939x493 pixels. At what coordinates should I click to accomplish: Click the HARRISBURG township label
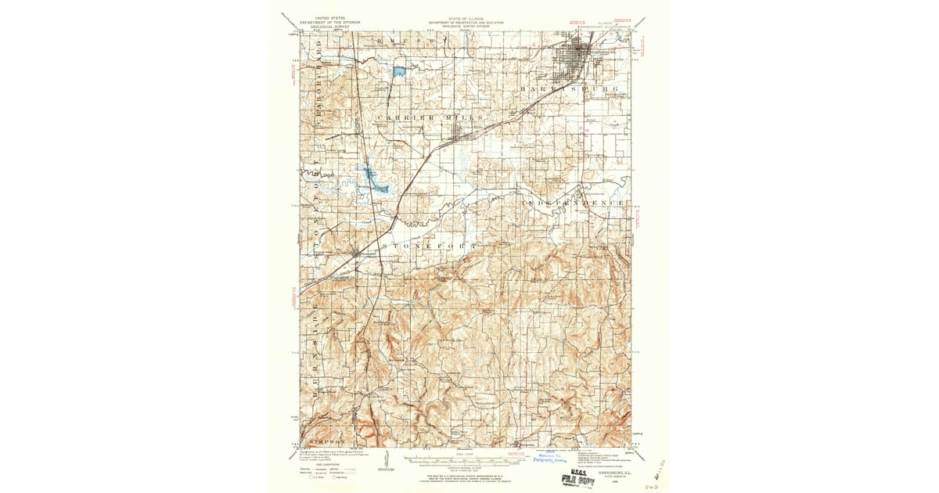tap(569, 91)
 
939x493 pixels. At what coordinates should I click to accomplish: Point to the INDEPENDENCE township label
tap(574, 203)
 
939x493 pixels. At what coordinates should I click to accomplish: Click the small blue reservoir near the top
tap(399, 72)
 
